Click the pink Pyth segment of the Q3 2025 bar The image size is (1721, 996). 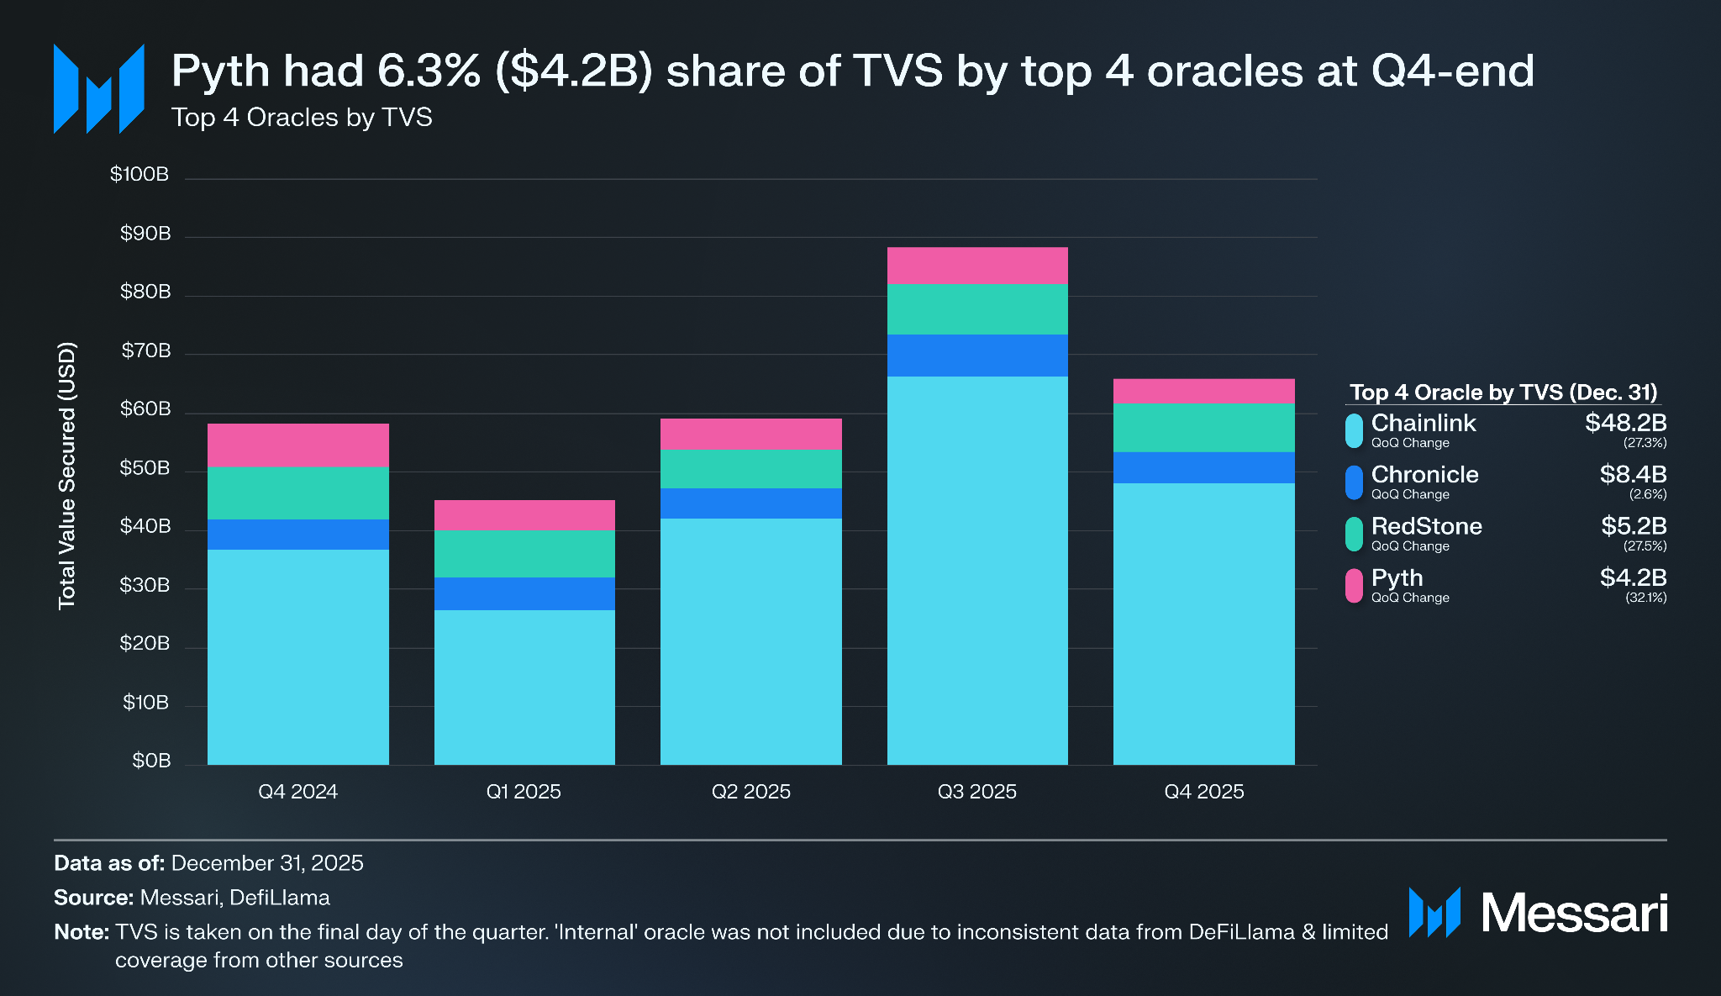click(x=977, y=266)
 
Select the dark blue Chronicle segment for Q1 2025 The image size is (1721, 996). click(x=524, y=593)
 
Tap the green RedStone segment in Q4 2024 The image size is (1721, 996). click(x=298, y=493)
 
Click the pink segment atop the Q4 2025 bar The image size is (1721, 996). click(x=1203, y=391)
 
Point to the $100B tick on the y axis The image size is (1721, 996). click(x=139, y=174)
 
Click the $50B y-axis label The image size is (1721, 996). click(x=145, y=468)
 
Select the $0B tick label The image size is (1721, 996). click(x=151, y=761)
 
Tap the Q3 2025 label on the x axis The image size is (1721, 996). click(x=976, y=792)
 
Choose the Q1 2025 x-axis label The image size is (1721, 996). click(x=524, y=792)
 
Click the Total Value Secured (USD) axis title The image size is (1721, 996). click(x=67, y=475)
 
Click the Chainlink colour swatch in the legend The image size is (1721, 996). click(x=1354, y=430)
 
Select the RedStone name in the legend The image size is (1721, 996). click(x=1426, y=526)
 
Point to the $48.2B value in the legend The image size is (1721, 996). click(x=1625, y=423)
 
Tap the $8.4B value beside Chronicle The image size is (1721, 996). click(x=1633, y=474)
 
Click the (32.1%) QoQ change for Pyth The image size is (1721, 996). click(x=1645, y=598)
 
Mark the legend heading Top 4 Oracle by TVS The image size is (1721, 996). click(x=1503, y=393)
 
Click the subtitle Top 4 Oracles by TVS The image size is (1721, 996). click(x=302, y=117)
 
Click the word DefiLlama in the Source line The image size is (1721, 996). click(x=279, y=898)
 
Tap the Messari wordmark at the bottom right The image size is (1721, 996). click(x=1573, y=913)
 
